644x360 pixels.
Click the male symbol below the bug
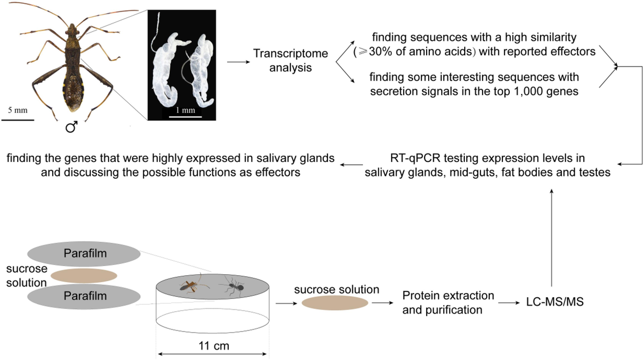click(71, 127)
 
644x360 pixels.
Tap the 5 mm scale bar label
click(18, 110)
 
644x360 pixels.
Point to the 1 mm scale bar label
click(186, 110)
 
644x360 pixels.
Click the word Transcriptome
click(290, 54)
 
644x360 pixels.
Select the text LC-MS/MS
click(554, 302)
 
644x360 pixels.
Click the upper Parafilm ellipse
click(84, 254)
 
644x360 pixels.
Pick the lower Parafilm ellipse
click(84, 297)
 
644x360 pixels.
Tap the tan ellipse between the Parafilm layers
click(84, 276)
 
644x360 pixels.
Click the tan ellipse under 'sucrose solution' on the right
click(335, 303)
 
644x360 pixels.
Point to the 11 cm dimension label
click(214, 346)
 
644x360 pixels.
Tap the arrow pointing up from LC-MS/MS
click(552, 238)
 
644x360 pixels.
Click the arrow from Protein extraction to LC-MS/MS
click(509, 303)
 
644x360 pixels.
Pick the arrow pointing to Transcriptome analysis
click(238, 62)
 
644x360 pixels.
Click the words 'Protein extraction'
click(448, 296)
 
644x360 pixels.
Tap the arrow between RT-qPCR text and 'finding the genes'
click(352, 165)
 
